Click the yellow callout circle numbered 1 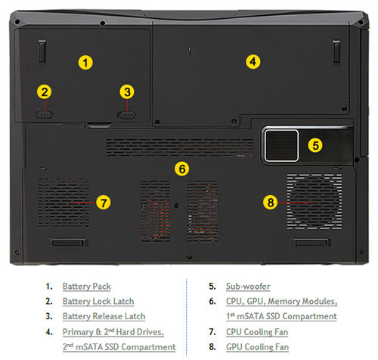click(x=86, y=62)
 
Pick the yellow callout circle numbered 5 click(x=315, y=144)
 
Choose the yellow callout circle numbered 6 click(x=181, y=168)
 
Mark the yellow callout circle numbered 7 click(x=104, y=202)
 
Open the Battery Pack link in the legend click(x=87, y=287)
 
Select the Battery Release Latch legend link click(x=104, y=316)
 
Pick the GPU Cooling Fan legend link click(x=257, y=346)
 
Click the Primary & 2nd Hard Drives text click(x=113, y=331)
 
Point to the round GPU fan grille click(x=314, y=200)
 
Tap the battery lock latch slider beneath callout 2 click(x=45, y=114)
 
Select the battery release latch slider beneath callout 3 click(x=127, y=114)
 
